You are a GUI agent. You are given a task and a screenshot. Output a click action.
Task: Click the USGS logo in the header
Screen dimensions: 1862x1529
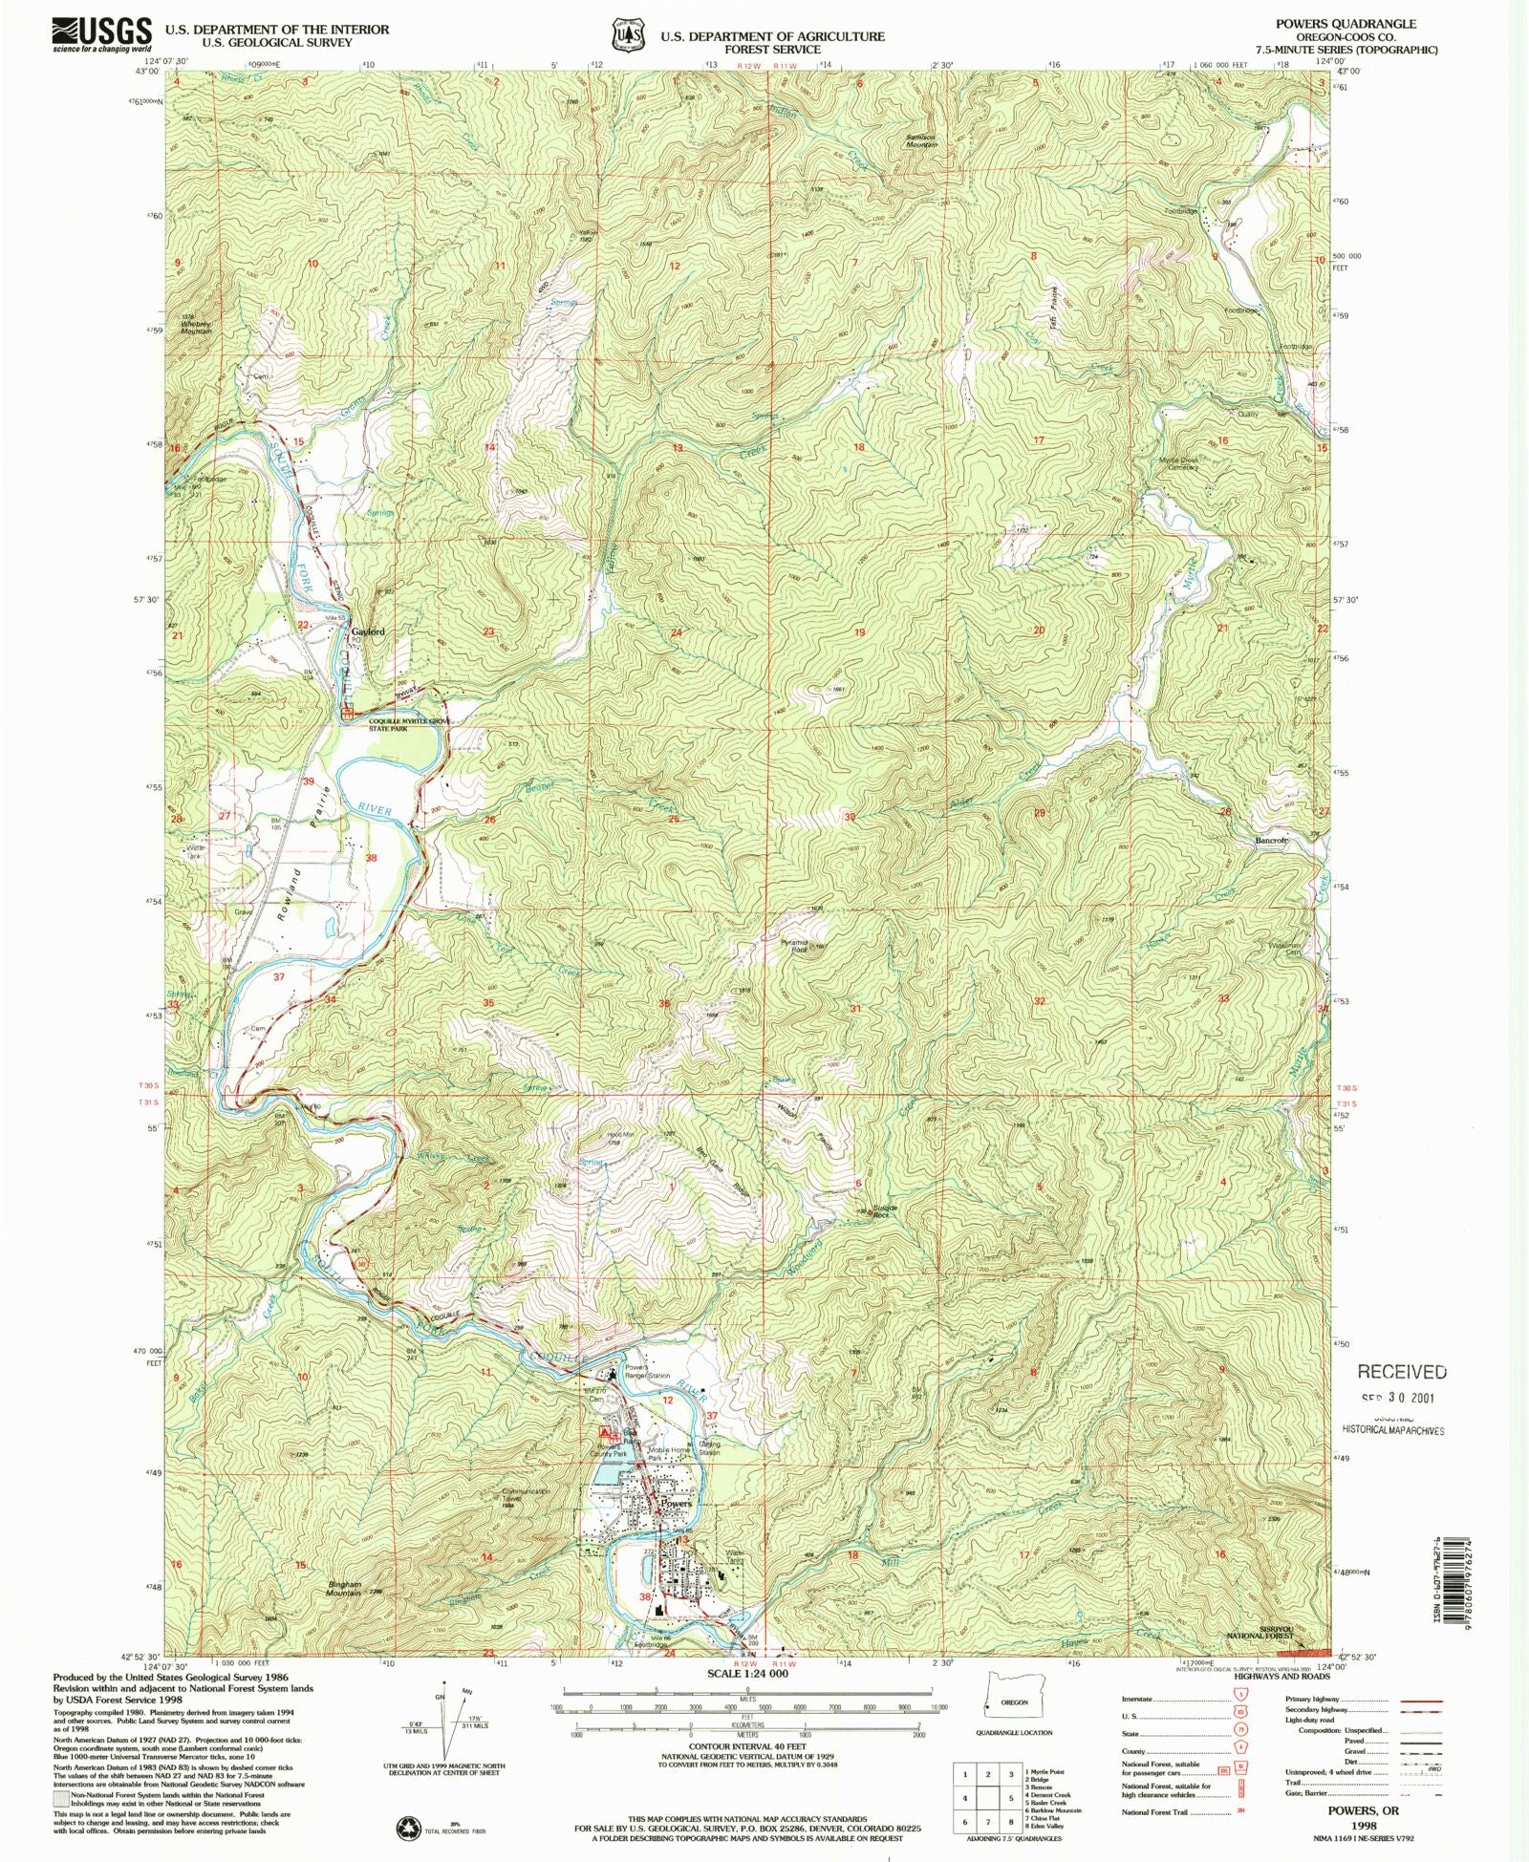coord(100,34)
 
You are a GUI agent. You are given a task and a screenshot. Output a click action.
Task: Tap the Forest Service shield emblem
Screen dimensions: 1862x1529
coord(627,35)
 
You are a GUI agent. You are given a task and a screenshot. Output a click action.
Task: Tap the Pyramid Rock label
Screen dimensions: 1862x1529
coord(794,946)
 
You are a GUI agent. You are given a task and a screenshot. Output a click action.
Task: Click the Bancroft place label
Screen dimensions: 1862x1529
coord(1271,841)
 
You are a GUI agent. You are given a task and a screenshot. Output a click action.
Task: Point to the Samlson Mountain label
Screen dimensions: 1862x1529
coord(921,139)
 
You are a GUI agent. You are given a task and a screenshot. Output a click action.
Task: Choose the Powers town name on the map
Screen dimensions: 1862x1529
coord(676,1504)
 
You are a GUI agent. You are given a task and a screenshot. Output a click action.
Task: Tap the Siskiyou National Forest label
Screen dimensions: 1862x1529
coord(1261,1632)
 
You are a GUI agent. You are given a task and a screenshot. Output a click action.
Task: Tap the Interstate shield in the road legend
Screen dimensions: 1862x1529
coord(1240,1700)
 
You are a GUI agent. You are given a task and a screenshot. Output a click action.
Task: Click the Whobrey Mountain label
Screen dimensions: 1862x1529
coord(196,326)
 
